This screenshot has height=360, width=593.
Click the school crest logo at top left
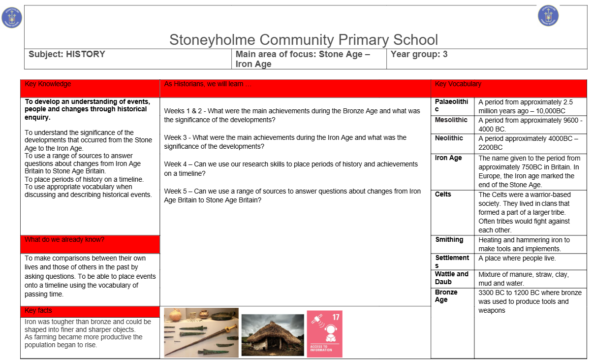pos(12,18)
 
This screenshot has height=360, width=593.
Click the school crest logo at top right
pos(548,15)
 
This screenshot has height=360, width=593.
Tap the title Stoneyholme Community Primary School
pos(303,39)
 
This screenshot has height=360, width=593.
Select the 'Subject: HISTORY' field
pos(67,55)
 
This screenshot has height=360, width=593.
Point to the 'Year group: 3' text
pos(419,55)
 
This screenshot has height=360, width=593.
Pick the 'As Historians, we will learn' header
pos(208,84)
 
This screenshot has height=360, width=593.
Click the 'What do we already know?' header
pos(64,240)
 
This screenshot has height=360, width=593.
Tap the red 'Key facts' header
pos(38,311)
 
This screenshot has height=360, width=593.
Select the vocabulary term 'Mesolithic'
pos(451,120)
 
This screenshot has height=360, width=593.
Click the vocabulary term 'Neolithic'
pos(449,138)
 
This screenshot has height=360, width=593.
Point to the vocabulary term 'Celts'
pos(443,195)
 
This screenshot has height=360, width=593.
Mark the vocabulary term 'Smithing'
pos(449,240)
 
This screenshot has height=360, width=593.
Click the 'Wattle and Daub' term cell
pos(452,278)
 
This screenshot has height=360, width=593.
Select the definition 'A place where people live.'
pos(517,259)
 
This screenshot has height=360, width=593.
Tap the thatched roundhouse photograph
pos(273,335)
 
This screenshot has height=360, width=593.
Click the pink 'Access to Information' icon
pos(324,333)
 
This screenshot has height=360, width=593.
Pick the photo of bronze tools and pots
pos(201,332)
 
